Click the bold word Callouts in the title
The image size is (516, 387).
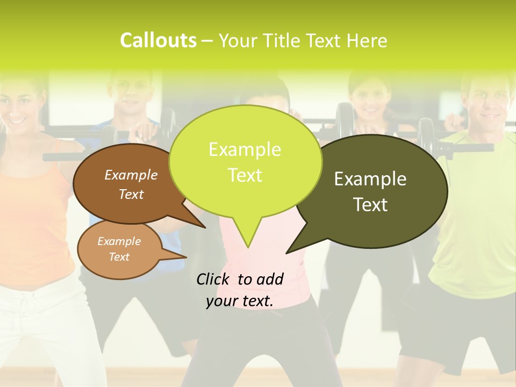(158, 40)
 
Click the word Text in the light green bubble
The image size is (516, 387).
(245, 175)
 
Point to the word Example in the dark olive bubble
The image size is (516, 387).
(370, 179)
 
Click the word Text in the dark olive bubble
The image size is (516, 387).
(370, 204)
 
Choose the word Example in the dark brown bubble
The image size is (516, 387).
(131, 175)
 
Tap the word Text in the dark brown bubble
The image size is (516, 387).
(131, 194)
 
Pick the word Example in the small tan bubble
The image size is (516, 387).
(119, 241)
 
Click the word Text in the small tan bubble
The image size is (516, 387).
(119, 257)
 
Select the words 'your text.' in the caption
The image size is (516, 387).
(240, 301)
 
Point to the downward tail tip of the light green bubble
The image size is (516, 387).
(247, 247)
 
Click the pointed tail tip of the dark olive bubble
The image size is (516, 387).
(286, 253)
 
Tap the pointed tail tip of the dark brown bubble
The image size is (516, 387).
(205, 227)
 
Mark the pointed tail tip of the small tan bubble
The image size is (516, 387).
(186, 257)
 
